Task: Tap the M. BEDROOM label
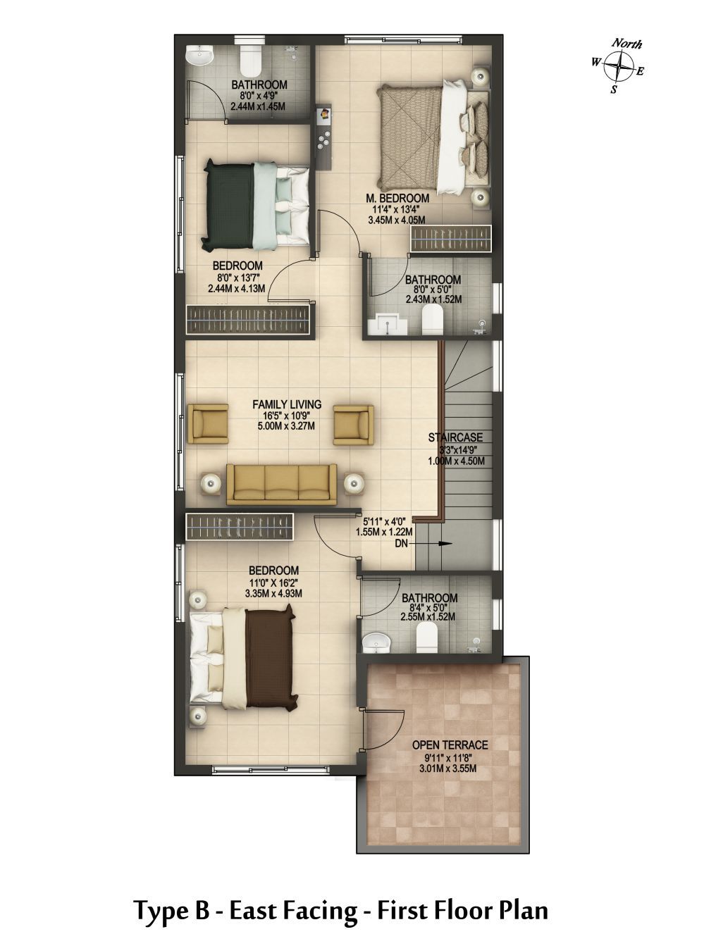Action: pyautogui.click(x=397, y=198)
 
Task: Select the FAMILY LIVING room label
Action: pyautogui.click(x=287, y=404)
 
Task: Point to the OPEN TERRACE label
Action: pyautogui.click(x=450, y=745)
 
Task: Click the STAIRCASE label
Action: pyautogui.click(x=455, y=437)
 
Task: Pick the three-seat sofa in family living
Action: pyautogui.click(x=281, y=484)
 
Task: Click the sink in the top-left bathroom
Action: pyautogui.click(x=199, y=56)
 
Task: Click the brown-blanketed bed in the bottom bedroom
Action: pyautogui.click(x=243, y=658)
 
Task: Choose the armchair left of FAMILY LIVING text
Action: pyautogui.click(x=208, y=424)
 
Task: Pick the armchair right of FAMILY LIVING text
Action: pyautogui.click(x=353, y=424)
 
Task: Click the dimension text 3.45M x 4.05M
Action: pyautogui.click(x=396, y=220)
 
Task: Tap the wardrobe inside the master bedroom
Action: pyautogui.click(x=450, y=238)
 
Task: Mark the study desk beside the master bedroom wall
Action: pyautogui.click(x=324, y=136)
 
